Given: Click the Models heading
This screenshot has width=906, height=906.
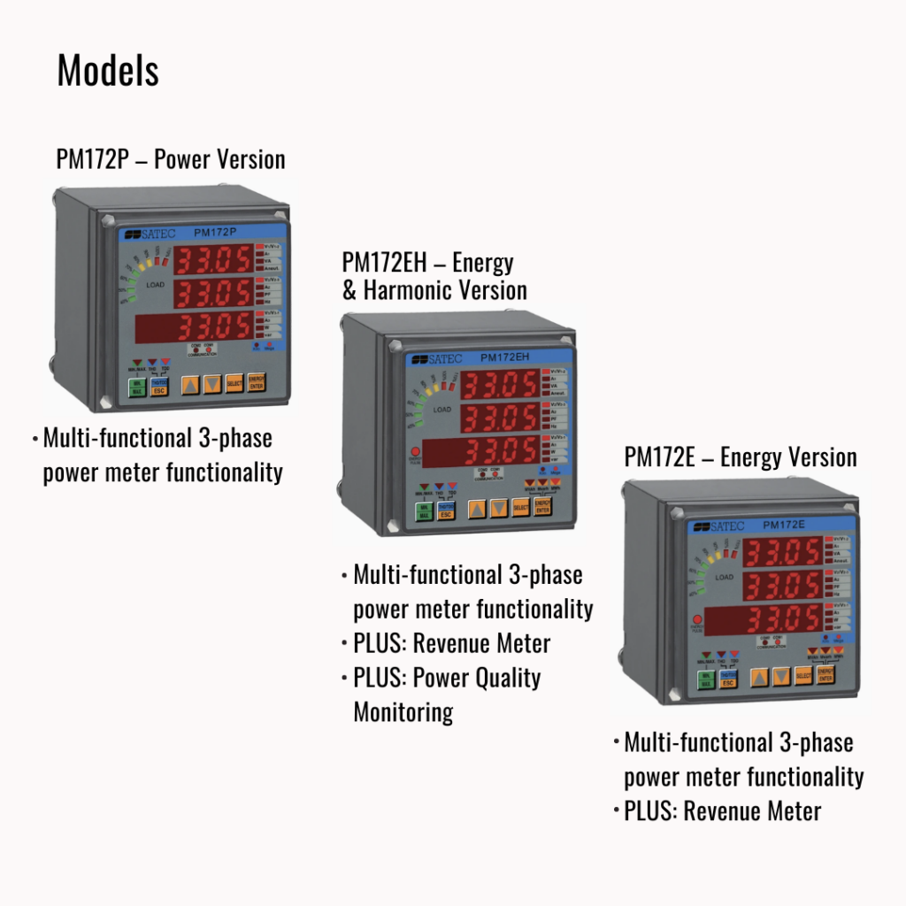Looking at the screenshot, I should tap(108, 71).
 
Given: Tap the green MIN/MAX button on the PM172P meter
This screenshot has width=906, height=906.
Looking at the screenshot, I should tap(136, 386).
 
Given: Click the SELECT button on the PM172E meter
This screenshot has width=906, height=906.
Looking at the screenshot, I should tap(803, 677).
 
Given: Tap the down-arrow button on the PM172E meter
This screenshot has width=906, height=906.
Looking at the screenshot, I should tap(780, 677).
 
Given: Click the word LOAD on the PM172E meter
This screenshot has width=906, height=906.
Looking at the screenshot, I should tap(724, 577).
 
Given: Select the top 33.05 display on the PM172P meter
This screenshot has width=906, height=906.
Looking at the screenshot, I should tap(212, 260).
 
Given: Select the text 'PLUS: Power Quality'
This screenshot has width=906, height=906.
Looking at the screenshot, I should tap(447, 678).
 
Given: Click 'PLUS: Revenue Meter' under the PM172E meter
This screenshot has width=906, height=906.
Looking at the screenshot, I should tap(722, 810).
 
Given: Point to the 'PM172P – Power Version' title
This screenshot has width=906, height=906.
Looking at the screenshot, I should tap(171, 159).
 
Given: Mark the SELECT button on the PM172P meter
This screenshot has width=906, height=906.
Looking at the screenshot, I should tap(234, 384).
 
